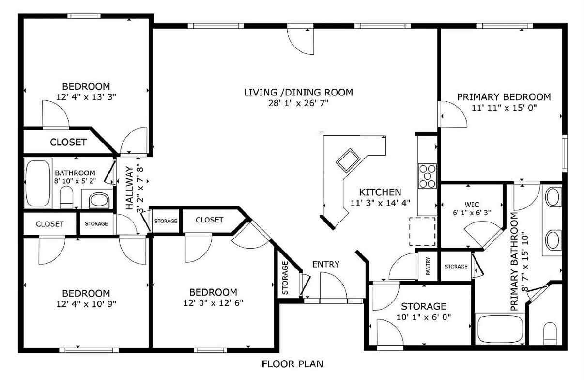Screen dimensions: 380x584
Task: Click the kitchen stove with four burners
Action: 427,175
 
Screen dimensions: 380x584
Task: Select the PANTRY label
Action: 428,267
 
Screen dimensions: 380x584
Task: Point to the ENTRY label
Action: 325,264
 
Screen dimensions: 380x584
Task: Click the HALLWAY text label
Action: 130,188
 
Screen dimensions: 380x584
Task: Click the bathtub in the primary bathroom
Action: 498,329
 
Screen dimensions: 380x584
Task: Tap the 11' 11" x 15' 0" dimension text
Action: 504,108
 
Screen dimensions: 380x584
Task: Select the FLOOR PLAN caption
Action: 292,364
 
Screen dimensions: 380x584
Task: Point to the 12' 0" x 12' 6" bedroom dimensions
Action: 213,303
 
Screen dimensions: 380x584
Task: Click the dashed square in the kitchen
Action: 423,231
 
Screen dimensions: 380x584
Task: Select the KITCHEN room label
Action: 380,192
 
